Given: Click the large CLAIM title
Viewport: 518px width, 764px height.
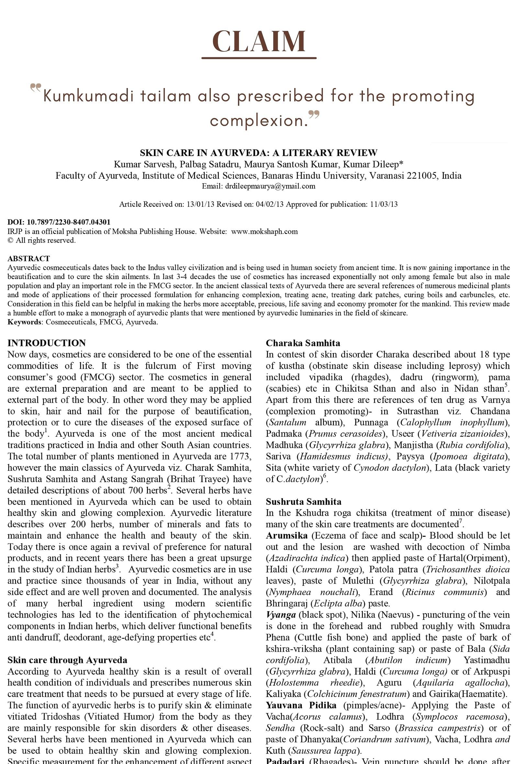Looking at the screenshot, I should [259, 41].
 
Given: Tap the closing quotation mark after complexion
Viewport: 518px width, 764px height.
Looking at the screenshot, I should [314, 115].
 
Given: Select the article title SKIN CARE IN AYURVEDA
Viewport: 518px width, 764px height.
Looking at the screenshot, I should [259, 153].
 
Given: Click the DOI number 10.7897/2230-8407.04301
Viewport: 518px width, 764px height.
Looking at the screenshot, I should [69, 222].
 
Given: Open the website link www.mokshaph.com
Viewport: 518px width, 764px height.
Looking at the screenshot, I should [264, 231].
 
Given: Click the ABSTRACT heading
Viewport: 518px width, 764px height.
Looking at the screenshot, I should [28, 258].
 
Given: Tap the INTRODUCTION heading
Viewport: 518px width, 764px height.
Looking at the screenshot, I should [46, 343].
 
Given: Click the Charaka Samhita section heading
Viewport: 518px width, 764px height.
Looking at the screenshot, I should [303, 343].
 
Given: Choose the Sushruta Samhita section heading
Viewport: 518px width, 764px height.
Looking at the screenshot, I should [303, 502].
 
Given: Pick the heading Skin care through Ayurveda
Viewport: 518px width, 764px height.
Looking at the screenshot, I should [67, 660].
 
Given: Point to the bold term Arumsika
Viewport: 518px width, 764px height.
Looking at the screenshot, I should [287, 535].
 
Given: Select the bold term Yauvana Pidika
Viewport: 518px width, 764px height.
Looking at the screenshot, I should [301, 705].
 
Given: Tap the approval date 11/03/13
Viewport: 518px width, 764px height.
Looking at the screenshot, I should [384, 205].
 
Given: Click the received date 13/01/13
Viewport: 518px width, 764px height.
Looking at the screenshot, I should [200, 205].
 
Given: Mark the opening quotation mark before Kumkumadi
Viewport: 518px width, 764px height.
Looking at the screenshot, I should [36, 88].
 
